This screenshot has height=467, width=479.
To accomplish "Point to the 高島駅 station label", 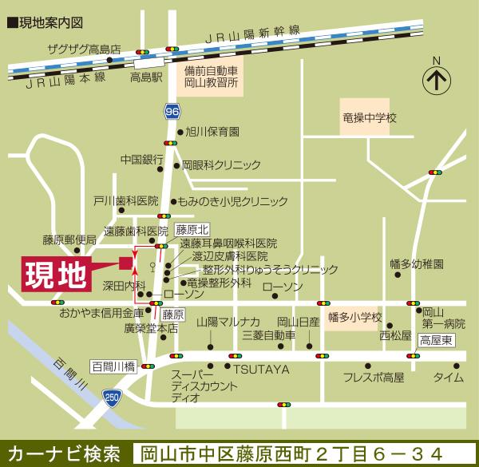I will [x=146, y=78].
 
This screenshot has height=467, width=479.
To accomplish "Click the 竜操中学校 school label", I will [x=369, y=117].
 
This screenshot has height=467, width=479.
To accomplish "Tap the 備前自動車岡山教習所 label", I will [x=212, y=77].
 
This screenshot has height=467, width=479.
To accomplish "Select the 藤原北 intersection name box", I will [x=192, y=229].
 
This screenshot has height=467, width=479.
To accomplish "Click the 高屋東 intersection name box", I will [x=436, y=338].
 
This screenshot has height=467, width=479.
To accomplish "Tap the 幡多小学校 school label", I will [x=355, y=316].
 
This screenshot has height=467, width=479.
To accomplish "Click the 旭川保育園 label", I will [x=212, y=132].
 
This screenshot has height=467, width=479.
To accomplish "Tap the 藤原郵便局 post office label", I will [x=69, y=239].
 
